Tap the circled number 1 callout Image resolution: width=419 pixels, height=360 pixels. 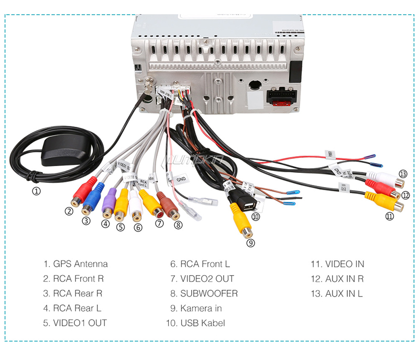pos(36,191)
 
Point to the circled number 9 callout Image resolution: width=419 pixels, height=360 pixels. pos(250,243)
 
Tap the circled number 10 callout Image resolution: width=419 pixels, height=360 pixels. pos(256,216)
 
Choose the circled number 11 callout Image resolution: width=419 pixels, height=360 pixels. pos(389,216)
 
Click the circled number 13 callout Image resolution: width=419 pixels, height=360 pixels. pos(402,173)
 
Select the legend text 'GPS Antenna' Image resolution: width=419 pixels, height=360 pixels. pos(80,264)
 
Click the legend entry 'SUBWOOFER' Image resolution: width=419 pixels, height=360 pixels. pos(208,293)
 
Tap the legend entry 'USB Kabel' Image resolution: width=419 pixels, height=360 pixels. pos(202,323)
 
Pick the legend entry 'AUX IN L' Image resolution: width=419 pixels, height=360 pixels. pos(344,293)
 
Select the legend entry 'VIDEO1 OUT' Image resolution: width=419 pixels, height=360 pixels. pos(80,323)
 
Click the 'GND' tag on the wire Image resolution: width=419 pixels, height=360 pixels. pos(181,179)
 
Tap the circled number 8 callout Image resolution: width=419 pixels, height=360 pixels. pos(179,225)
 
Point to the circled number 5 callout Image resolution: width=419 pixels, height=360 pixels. pos(121,227)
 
